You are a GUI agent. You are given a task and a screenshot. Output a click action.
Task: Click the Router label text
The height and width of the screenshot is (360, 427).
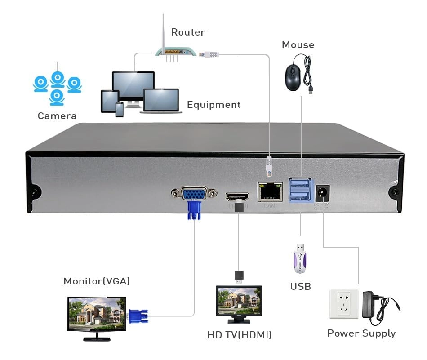pyautogui.click(x=188, y=32)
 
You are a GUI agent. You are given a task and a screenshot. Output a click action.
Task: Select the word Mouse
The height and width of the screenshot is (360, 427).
pyautogui.click(x=298, y=44)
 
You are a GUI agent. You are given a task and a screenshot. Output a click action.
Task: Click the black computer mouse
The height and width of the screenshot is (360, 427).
pyautogui.click(x=293, y=77)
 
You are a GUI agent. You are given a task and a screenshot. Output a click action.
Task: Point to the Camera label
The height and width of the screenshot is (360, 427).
pyautogui.click(x=57, y=116)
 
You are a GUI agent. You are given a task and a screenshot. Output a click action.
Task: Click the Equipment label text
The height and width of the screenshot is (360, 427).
pyautogui.click(x=213, y=105)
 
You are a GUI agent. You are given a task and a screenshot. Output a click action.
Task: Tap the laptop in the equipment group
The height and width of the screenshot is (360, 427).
pyautogui.click(x=161, y=101)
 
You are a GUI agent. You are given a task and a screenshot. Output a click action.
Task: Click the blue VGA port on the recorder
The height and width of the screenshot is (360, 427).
pyautogui.click(x=194, y=194)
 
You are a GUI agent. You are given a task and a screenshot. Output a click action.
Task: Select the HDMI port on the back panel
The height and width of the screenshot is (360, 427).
pyautogui.click(x=237, y=197)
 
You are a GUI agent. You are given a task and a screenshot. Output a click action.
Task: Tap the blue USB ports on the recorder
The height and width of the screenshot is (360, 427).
pyautogui.click(x=299, y=189)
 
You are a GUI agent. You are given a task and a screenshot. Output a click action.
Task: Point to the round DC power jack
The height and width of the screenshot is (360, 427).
pyautogui.click(x=322, y=194)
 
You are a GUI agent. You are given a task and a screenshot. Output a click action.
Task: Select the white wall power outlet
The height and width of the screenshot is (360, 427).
pyautogui.click(x=344, y=304)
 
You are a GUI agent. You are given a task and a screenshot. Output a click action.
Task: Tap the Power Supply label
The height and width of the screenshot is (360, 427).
pyautogui.click(x=361, y=333)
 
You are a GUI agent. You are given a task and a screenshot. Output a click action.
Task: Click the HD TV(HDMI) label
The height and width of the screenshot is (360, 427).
pyautogui.click(x=239, y=335)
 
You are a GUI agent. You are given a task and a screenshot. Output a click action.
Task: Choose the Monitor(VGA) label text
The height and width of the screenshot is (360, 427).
pyautogui.click(x=97, y=281)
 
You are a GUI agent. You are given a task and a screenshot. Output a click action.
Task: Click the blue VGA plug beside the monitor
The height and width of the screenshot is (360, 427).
pyautogui.click(x=138, y=316)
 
